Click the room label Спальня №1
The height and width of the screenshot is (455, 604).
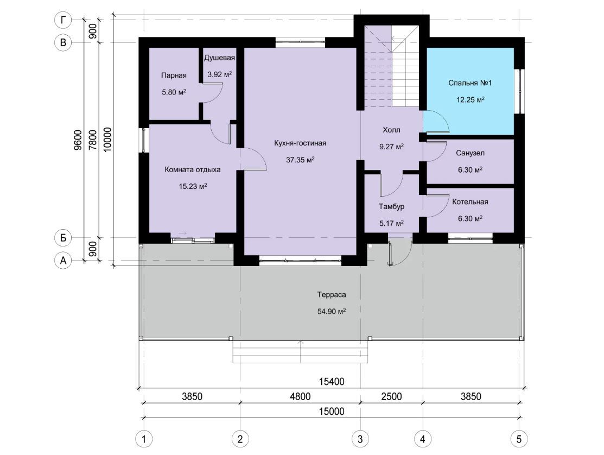click(470, 83)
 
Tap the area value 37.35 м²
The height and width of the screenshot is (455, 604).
click(301, 160)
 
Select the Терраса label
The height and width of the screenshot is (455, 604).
click(331, 295)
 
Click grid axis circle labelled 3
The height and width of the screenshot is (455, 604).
click(360, 439)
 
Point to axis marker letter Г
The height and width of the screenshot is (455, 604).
click(63, 20)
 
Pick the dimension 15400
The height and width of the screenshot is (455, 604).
click(332, 382)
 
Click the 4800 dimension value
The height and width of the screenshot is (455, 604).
click(300, 396)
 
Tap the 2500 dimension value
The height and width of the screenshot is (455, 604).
click(391, 396)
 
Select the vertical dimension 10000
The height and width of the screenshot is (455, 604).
click(107, 140)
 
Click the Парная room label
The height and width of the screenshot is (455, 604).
click(174, 75)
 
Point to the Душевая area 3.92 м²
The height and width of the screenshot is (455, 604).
click(220, 74)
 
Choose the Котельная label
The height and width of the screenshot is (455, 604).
click(470, 202)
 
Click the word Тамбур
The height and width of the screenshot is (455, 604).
click(391, 206)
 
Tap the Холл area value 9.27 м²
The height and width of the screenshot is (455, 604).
click(391, 147)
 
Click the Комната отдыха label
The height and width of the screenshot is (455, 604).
click(193, 169)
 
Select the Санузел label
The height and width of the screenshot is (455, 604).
click(470, 153)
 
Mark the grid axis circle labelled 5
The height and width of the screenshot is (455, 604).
click(519, 439)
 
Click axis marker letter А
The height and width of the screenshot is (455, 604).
click(63, 261)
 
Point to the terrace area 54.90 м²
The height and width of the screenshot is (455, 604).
click(331, 311)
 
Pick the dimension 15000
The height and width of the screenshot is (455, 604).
click(332, 412)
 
